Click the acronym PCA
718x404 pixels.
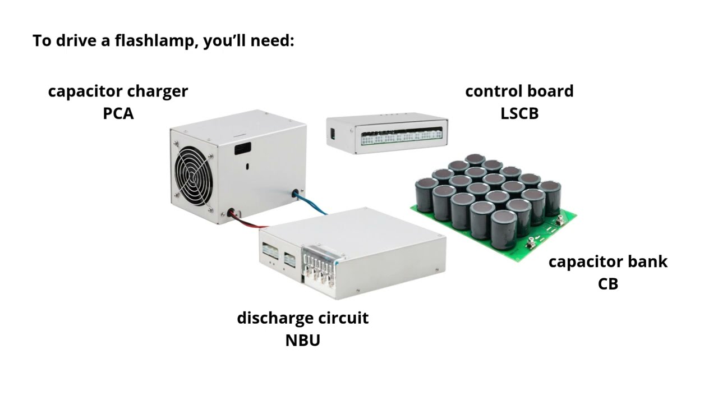pos(118,113)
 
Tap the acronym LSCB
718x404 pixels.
pos(519,113)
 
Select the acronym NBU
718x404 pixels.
pos(302,340)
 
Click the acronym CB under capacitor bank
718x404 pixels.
pos(608,284)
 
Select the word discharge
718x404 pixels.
pos(271,318)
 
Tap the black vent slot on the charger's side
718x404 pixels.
pos(243,149)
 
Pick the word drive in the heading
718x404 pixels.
pos(76,41)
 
